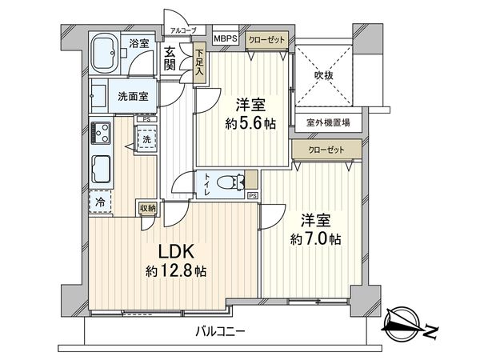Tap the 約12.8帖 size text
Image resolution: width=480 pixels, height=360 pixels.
(x=175, y=271)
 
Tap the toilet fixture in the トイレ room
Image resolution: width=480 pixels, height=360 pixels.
(x=233, y=182)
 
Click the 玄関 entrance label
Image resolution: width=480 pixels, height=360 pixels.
(x=170, y=58)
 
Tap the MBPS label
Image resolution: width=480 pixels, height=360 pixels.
(x=225, y=38)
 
